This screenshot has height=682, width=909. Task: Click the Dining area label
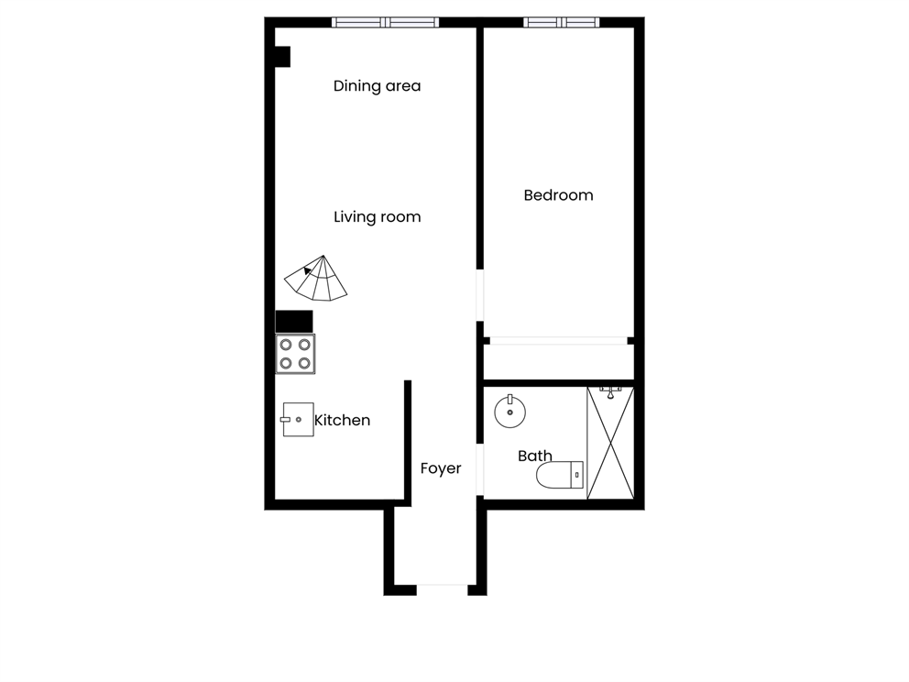click(377, 86)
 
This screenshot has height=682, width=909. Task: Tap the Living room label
click(377, 217)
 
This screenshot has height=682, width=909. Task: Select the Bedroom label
click(558, 195)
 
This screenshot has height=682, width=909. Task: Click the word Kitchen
click(343, 421)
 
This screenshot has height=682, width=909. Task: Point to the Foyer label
click(441, 468)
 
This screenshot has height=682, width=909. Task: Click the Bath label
click(535, 456)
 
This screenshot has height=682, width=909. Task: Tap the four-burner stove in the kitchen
click(295, 354)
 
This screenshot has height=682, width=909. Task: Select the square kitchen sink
click(298, 419)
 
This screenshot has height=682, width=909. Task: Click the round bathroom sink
click(510, 412)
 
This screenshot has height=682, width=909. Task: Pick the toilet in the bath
click(559, 474)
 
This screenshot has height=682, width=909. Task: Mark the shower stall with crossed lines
click(609, 444)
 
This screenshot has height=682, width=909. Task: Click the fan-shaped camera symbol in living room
click(317, 279)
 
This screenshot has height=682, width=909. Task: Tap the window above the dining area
click(385, 22)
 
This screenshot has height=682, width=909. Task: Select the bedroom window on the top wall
click(562, 22)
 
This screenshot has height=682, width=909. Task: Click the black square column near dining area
click(282, 57)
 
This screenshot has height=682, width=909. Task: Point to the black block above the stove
click(294, 321)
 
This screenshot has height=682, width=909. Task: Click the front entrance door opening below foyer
click(442, 588)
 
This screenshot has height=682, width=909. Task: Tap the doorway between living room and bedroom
click(479, 294)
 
